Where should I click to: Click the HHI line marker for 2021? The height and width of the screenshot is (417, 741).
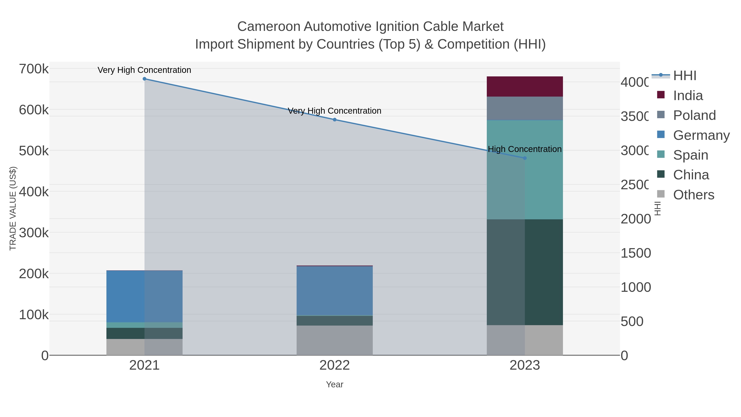[144, 79]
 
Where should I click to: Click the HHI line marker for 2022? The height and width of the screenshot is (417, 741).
[334, 120]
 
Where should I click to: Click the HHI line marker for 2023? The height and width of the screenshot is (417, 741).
[525, 158]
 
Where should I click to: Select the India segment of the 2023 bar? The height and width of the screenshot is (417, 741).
[525, 87]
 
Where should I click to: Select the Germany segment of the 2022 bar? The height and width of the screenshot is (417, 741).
[334, 291]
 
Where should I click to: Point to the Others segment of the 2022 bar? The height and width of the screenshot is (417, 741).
[334, 340]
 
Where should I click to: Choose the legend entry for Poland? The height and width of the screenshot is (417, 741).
[694, 115]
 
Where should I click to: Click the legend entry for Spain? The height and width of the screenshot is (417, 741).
[690, 155]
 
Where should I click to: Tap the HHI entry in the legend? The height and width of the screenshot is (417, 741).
[684, 76]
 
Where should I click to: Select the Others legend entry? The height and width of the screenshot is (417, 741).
[693, 195]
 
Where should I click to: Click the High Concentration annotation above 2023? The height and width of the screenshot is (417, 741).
[525, 149]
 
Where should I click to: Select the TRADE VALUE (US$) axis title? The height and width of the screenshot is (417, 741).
[13, 208]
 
